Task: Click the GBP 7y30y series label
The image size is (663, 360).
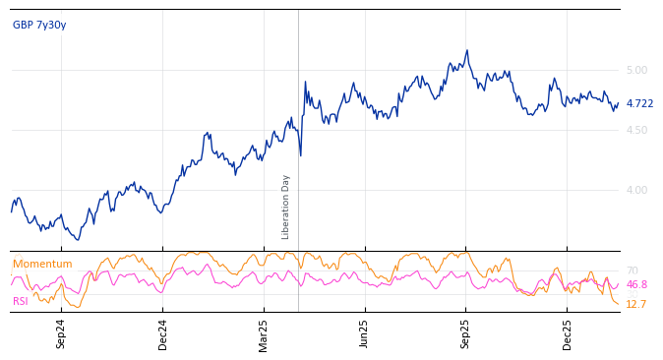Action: tap(39, 26)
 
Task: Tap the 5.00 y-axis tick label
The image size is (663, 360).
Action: tap(636, 70)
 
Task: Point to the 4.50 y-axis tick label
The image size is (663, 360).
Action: tap(636, 130)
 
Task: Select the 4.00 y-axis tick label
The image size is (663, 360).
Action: tap(636, 190)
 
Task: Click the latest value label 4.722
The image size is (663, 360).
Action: tap(639, 103)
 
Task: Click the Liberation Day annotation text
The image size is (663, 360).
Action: tap(286, 207)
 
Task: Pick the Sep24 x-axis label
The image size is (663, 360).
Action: tap(61, 333)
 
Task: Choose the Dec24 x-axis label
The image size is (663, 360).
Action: tap(163, 333)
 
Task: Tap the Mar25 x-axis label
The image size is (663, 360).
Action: tap(264, 333)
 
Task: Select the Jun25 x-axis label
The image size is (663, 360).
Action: tap(365, 333)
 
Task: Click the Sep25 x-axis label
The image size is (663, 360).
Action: tap(466, 333)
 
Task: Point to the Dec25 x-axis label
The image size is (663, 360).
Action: tap(568, 333)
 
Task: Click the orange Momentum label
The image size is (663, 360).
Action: tap(42, 265)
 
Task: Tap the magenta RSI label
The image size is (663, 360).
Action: tap(20, 301)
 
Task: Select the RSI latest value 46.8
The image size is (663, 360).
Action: tap(636, 284)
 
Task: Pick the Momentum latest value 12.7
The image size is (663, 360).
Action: tap(636, 305)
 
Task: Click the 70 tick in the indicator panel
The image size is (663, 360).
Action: tap(632, 270)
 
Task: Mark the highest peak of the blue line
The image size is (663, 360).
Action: tap(467, 50)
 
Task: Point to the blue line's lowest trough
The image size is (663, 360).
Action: tap(79, 240)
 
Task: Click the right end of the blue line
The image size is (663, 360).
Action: tap(619, 103)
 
